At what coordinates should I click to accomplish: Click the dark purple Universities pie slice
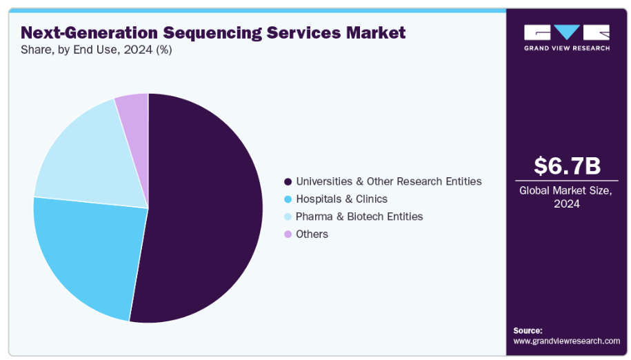point(207,207)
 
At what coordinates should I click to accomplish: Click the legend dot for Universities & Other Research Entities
point(288,181)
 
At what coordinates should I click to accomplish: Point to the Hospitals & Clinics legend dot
point(288,199)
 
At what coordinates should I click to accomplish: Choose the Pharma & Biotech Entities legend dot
point(288,217)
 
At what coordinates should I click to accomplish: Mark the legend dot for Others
point(288,234)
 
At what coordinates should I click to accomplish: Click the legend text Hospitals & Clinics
point(341,199)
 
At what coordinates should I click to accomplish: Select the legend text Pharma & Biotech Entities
point(359,217)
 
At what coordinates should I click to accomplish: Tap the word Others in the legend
point(312,234)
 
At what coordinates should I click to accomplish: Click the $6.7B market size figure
point(567,166)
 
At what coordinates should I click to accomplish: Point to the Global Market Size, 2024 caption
point(567,197)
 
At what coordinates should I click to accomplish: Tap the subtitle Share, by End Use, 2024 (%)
point(97,50)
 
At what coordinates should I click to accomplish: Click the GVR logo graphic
point(567,32)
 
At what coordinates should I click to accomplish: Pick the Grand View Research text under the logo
point(567,48)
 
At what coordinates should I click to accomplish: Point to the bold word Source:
point(528,330)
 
